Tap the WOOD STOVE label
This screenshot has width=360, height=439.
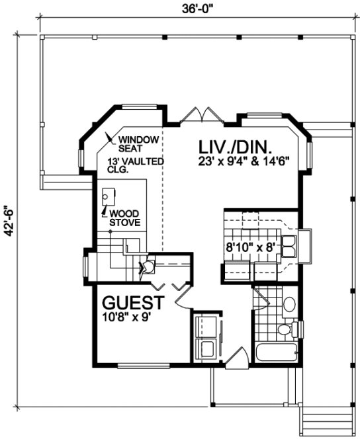tap(124, 218)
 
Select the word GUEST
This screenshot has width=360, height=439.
tap(133, 303)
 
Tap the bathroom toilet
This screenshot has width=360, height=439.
tap(285, 329)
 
